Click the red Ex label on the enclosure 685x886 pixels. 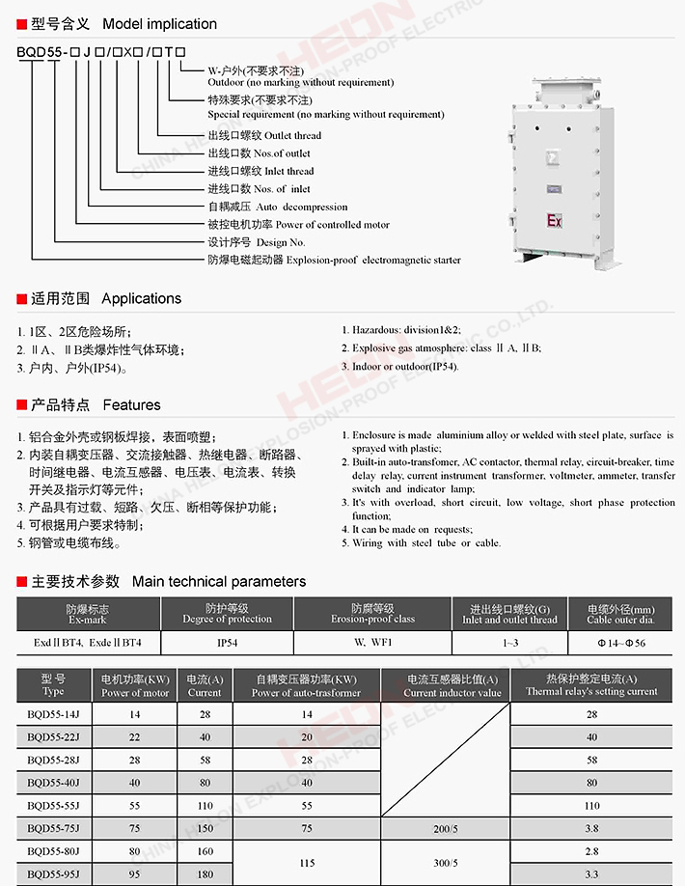pos(554,220)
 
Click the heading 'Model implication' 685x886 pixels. pos(159,23)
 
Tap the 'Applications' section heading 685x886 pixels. pos(141,298)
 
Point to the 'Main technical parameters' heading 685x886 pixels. pos(218,581)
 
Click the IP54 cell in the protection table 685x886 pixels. pos(227,643)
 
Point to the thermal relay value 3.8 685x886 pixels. pos(591,828)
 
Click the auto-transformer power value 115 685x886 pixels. pos(307,863)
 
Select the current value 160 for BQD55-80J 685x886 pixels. pos(205,851)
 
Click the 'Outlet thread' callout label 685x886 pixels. pos(264,135)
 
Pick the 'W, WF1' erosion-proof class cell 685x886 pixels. pos(372,643)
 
